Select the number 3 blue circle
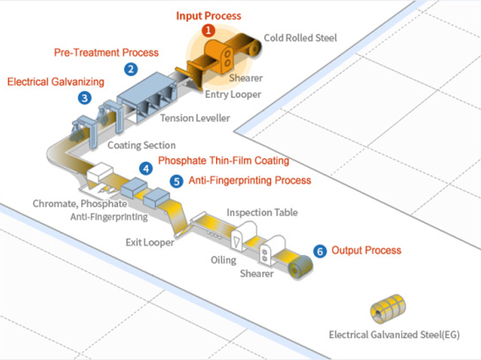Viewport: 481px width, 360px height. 85,97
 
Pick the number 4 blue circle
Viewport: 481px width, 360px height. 145,169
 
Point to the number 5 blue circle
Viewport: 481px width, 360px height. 176,180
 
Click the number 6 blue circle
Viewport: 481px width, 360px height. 320,251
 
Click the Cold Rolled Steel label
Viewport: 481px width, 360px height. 301,38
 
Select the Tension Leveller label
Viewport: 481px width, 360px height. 195,118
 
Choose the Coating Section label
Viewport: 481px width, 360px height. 141,145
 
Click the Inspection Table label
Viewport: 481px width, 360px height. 262,213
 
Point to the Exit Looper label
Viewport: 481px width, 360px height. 150,243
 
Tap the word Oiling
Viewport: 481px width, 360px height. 223,260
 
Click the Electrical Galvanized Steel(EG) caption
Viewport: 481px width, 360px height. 394,335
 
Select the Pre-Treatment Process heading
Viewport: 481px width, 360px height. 107,52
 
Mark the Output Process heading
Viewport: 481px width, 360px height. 366,250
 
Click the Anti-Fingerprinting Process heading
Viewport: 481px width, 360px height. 250,180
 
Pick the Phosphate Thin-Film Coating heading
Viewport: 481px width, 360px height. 223,161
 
